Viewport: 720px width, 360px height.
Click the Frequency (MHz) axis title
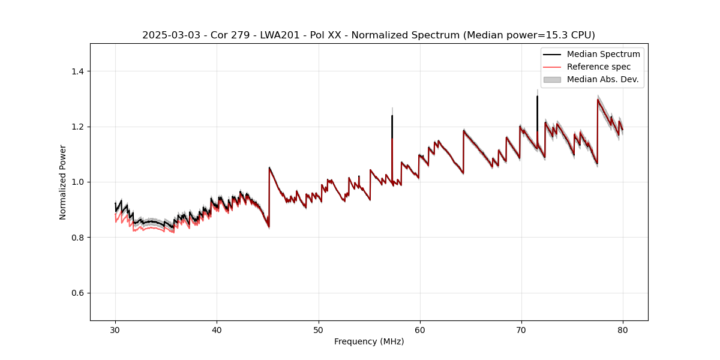tap(369, 341)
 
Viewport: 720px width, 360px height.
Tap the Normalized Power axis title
tap(63, 182)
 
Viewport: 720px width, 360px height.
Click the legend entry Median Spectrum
tap(603, 54)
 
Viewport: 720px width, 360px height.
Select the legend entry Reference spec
tap(598, 67)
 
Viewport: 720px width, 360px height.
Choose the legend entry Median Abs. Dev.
tap(602, 79)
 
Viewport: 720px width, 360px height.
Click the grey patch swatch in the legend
tap(552, 79)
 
